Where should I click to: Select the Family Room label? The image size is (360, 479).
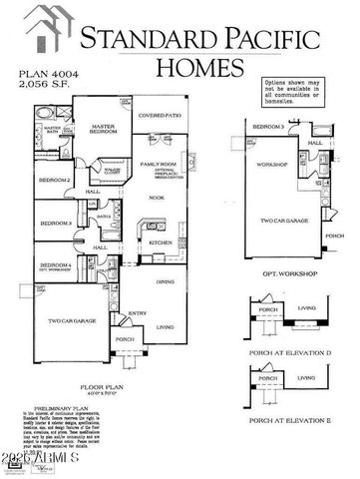[157, 163]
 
